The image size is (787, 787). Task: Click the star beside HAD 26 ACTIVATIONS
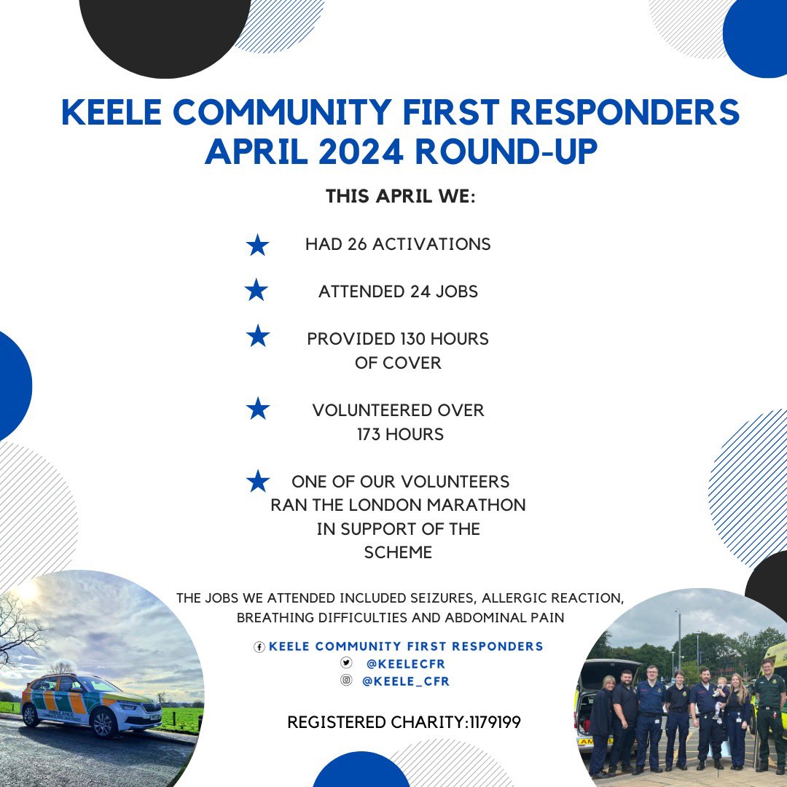257,246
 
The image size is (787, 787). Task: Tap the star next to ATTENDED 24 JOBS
257,291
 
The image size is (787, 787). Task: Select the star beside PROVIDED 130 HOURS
257,337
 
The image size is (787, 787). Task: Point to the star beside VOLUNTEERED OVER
257,409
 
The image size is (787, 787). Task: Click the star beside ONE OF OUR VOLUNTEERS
257,481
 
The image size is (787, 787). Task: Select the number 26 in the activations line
357,245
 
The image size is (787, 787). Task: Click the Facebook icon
259,647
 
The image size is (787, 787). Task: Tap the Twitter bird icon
347,663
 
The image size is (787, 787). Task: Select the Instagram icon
347,681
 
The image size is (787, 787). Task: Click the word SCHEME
398,552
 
